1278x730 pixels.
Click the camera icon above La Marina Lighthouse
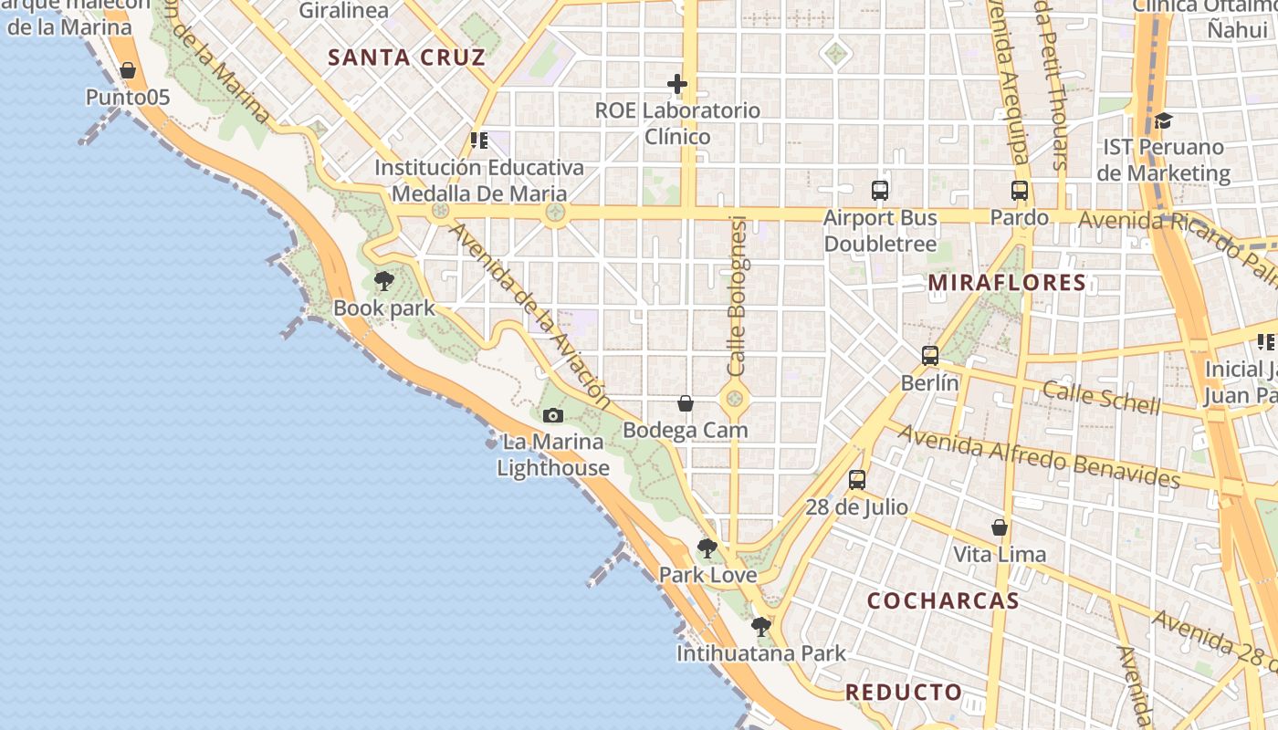point(552,416)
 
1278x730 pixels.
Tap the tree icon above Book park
point(384,281)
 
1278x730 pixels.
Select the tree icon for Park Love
point(707,548)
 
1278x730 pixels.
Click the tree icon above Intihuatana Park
point(760,627)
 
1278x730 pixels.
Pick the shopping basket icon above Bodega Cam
point(686,403)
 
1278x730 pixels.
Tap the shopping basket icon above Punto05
point(128,70)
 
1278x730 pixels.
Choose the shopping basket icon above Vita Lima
point(1000,527)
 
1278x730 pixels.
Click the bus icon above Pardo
point(1020,191)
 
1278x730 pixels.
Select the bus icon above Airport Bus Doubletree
point(880,191)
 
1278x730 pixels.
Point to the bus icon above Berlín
point(930,356)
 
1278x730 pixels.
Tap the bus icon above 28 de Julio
point(856,480)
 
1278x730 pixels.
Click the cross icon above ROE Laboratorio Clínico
point(677,85)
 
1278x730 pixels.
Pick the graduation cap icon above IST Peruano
point(1163,120)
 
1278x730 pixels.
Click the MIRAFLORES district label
point(1007,283)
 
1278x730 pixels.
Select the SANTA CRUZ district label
point(406,57)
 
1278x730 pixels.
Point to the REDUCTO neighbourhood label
point(904,692)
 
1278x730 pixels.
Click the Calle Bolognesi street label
point(738,297)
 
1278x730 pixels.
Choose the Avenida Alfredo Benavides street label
point(1039,454)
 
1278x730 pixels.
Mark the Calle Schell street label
point(1102,397)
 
